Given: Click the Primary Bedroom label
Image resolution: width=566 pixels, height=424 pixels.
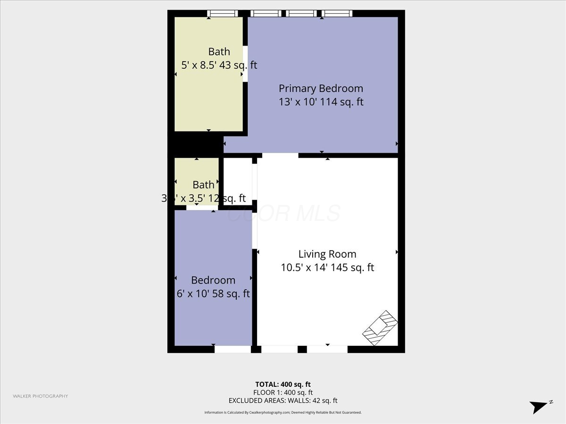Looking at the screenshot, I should click(x=321, y=88).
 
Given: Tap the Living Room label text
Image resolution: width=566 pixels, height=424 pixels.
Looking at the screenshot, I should click(x=327, y=254).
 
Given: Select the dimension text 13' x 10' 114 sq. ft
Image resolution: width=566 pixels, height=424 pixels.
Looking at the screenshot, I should click(x=321, y=102).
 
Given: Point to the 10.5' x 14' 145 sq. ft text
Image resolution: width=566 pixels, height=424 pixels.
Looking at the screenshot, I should click(x=327, y=268).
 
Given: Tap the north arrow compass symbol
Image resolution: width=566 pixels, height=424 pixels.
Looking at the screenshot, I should click(x=540, y=407).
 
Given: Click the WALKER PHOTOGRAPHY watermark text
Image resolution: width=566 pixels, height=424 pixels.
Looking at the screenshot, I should click(x=40, y=396).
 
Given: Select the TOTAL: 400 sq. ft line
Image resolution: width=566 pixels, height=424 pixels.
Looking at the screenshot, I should click(x=283, y=384).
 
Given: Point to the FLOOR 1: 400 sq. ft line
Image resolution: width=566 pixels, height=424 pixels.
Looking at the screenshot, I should click(x=283, y=392).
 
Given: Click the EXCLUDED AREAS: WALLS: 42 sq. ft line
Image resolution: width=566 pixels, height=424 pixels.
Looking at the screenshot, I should click(x=283, y=401).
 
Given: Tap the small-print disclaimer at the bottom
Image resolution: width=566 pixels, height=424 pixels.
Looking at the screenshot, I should click(x=283, y=413).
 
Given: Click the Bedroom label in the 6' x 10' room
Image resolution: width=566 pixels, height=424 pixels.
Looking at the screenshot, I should click(x=213, y=280).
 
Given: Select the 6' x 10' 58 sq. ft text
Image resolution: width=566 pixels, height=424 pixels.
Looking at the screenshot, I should click(x=213, y=294).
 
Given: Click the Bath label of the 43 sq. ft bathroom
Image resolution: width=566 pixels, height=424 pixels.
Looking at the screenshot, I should click(x=219, y=52).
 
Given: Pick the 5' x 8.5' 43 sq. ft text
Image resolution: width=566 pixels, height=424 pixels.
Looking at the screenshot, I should click(x=219, y=65).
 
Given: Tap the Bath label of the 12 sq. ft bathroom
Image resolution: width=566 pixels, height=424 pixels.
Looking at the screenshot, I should click(x=203, y=185).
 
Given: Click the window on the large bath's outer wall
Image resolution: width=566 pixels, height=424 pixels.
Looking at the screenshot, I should click(x=223, y=14).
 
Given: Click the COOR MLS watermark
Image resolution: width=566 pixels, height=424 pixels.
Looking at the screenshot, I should click(x=283, y=213).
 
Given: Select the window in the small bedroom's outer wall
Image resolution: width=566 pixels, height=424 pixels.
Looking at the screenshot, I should click(x=233, y=349).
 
